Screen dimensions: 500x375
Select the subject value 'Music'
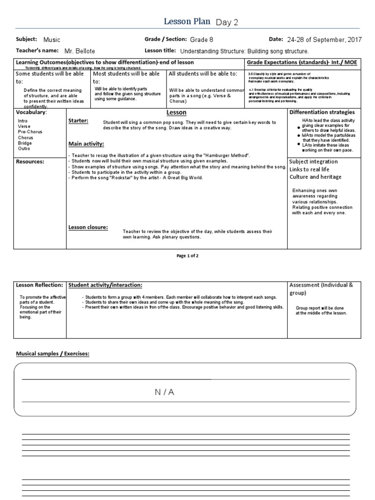(x=52, y=40)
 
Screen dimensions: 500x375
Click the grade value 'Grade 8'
(x=202, y=40)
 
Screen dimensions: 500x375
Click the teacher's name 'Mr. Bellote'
(x=75, y=51)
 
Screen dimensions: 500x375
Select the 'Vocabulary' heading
(x=31, y=112)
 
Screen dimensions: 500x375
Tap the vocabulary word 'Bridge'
(x=25, y=143)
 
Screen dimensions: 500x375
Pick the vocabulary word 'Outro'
(x=24, y=148)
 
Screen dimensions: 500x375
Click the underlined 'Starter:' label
(x=79, y=121)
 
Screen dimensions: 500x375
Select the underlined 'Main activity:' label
(x=86, y=144)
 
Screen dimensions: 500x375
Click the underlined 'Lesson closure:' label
(x=88, y=227)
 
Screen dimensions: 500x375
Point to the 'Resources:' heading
(x=30, y=161)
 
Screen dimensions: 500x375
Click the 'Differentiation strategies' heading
(x=322, y=112)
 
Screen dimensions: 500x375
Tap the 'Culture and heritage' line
(x=315, y=177)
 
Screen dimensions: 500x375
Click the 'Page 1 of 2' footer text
(x=187, y=256)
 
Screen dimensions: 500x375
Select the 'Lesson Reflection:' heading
(x=40, y=285)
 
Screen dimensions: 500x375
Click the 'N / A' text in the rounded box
(x=164, y=392)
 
